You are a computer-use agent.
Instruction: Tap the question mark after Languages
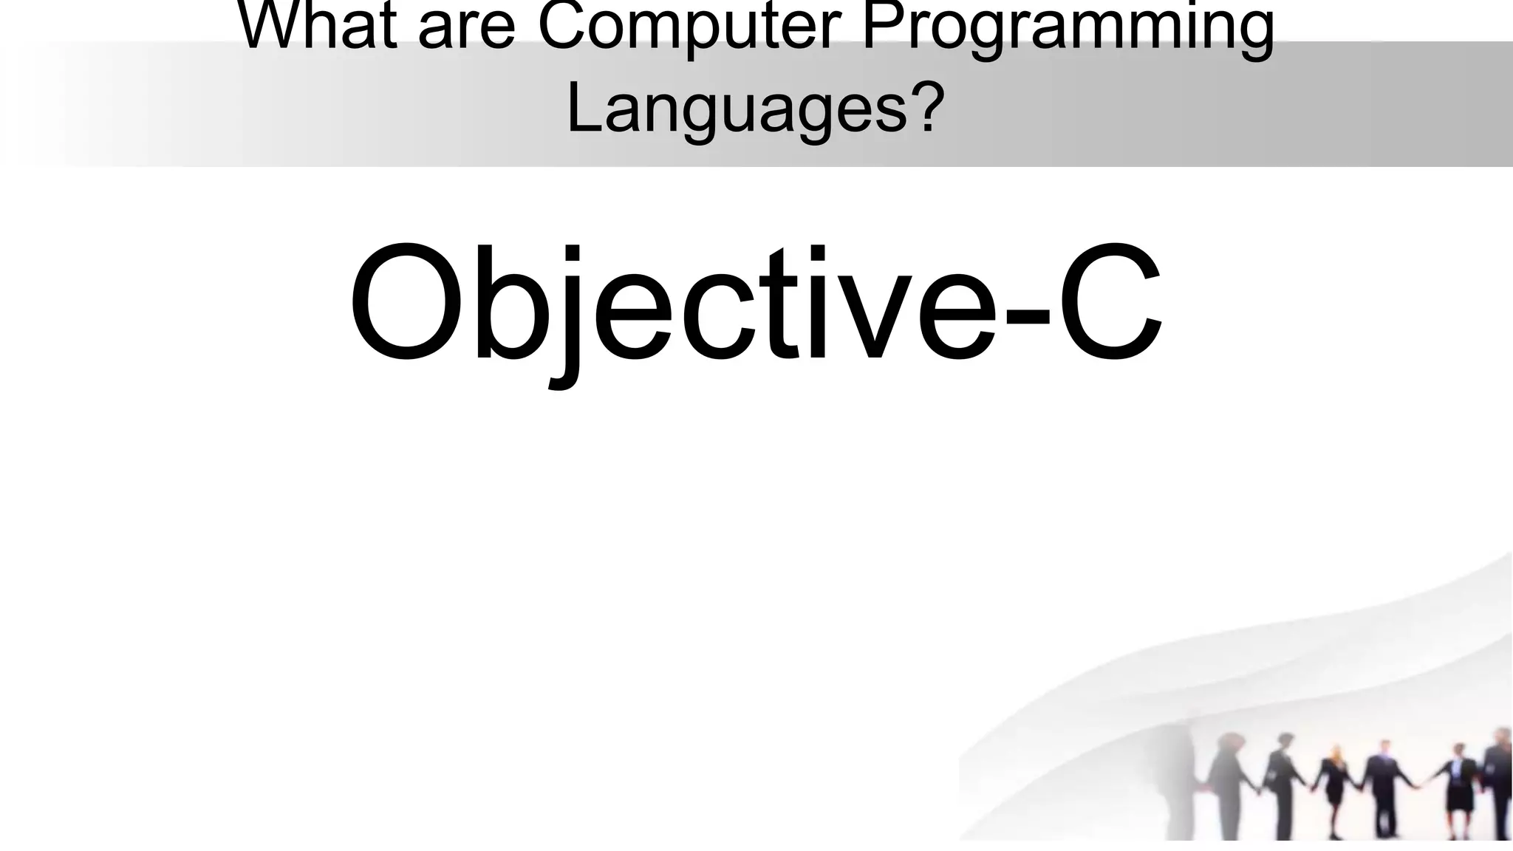tap(926, 106)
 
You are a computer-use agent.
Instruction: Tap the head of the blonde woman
tap(1334, 754)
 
